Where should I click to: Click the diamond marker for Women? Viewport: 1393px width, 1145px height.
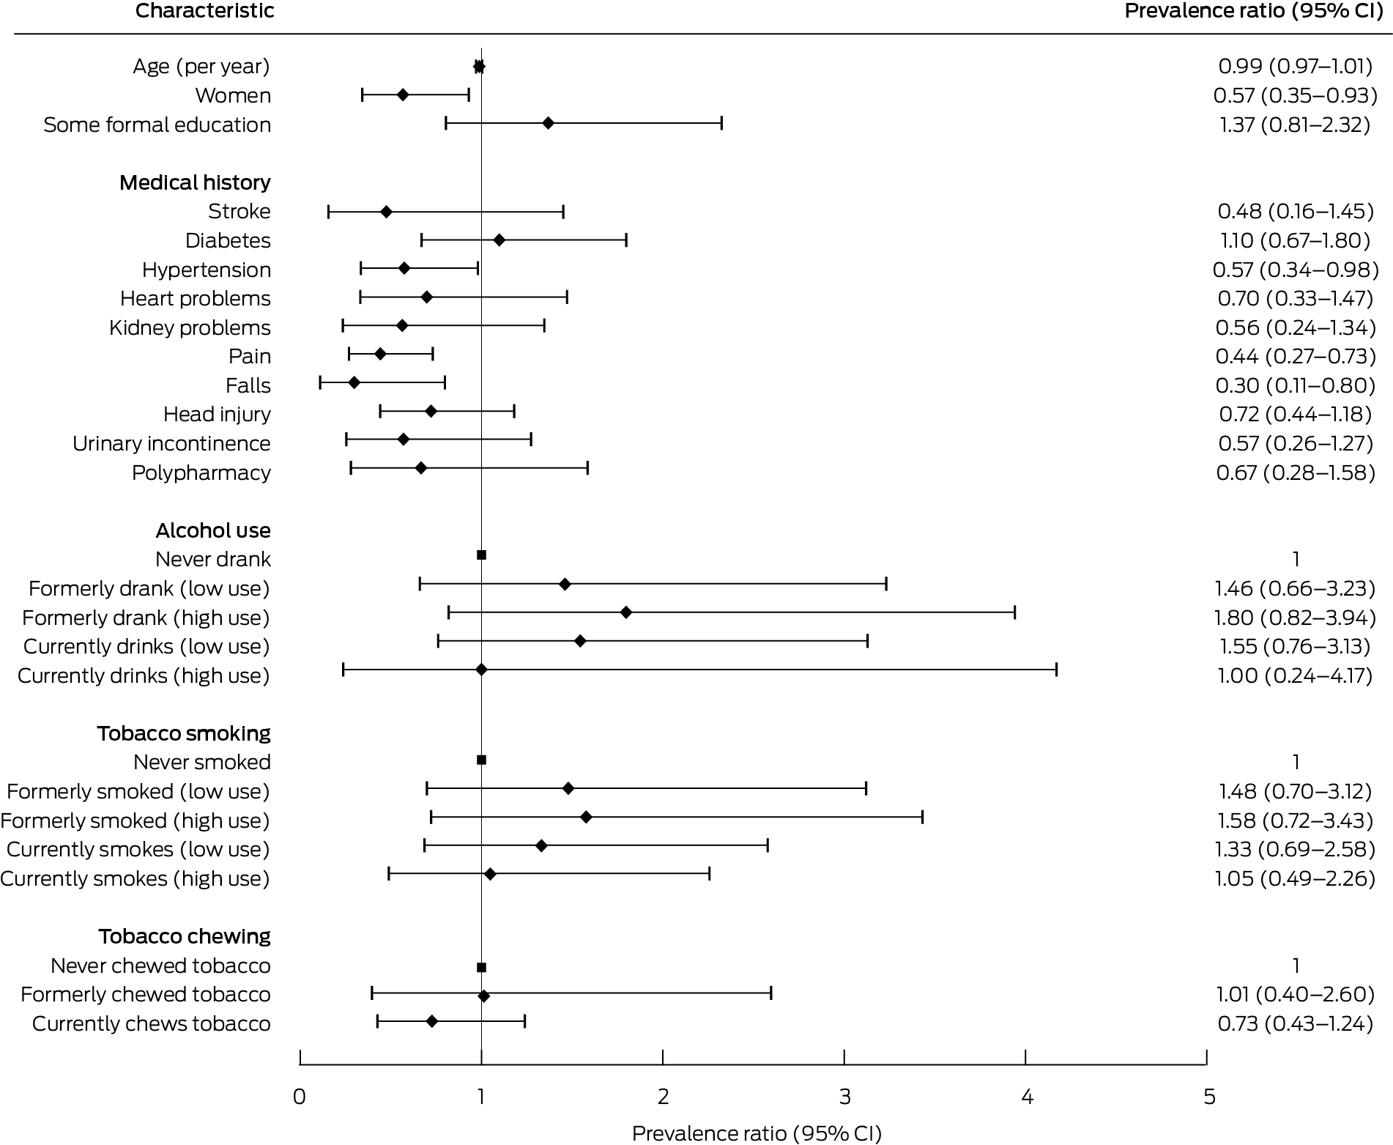(x=403, y=95)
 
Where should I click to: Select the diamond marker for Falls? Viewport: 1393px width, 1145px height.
(x=354, y=382)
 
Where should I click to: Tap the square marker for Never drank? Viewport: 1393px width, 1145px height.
(x=481, y=555)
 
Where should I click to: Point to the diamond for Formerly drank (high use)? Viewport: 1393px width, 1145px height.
(x=626, y=612)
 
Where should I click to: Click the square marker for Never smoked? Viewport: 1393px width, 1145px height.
(x=481, y=760)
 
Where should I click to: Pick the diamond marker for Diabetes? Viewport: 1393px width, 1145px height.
(x=499, y=240)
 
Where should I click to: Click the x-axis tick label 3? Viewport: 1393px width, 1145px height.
(x=845, y=1097)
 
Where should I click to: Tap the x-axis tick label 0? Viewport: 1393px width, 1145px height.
(x=300, y=1097)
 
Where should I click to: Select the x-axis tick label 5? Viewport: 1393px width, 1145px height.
(x=1209, y=1097)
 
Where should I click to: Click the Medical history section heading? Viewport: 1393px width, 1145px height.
(x=195, y=182)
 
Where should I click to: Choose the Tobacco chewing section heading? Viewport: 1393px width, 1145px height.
(x=185, y=936)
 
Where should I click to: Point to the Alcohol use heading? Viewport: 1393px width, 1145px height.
(x=213, y=530)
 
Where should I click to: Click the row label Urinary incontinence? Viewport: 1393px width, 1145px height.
(x=171, y=444)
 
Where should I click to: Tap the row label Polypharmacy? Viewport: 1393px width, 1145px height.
(x=201, y=473)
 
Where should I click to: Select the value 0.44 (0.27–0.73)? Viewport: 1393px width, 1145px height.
(x=1296, y=356)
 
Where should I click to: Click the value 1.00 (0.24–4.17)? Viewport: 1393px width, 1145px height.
(x=1296, y=675)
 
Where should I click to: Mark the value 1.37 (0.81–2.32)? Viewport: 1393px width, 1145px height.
(x=1295, y=125)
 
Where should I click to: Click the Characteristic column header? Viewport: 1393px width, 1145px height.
(x=205, y=11)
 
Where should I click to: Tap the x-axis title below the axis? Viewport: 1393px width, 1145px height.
(x=757, y=1133)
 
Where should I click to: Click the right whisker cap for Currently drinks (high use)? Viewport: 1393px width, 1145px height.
(x=1056, y=670)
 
